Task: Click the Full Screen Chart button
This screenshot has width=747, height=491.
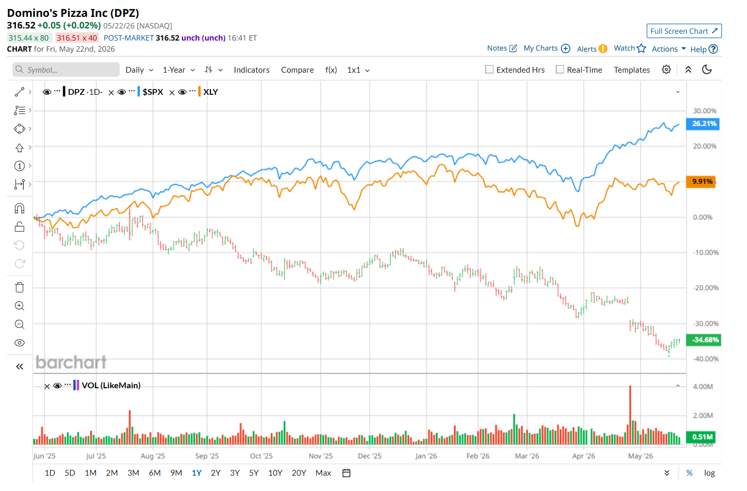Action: point(684,31)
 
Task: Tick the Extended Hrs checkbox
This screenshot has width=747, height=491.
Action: point(489,70)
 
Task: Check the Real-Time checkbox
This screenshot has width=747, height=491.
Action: point(560,70)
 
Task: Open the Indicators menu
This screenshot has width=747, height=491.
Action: point(251,70)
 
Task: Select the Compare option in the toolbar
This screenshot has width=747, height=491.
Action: point(297,70)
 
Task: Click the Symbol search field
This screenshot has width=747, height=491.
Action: point(66,70)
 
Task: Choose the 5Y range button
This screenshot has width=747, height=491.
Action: point(254,473)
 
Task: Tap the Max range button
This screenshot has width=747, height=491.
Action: point(323,473)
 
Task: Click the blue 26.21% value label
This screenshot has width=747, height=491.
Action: point(703,124)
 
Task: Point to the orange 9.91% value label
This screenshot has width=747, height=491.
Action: point(701,182)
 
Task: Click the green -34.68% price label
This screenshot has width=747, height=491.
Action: point(703,340)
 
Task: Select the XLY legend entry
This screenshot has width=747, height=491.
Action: point(210,92)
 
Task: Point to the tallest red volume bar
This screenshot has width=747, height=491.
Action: point(630,415)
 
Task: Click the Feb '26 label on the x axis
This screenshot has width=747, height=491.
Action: point(478,456)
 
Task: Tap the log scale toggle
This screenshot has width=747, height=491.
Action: point(710,473)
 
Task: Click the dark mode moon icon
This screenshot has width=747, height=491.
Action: point(707,70)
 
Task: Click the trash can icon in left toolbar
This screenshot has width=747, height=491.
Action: point(20,287)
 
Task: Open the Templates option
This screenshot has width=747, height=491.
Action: point(632,70)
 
